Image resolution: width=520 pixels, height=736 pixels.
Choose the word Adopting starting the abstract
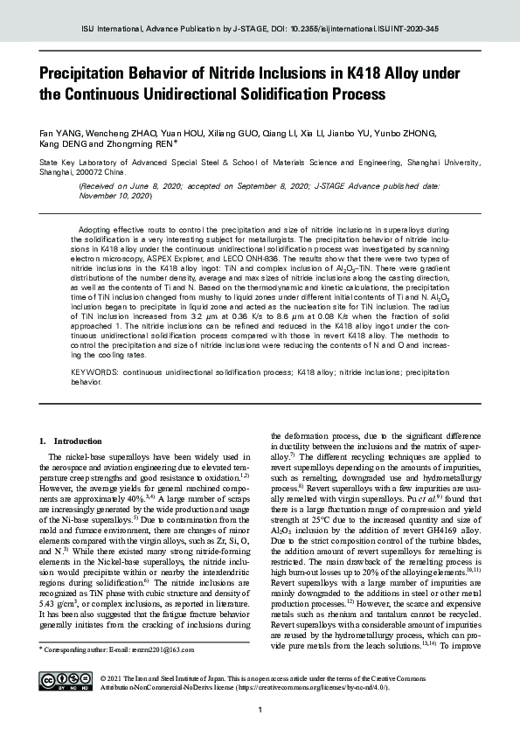(x=98, y=227)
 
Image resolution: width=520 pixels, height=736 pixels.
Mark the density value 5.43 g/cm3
(x=62, y=603)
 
